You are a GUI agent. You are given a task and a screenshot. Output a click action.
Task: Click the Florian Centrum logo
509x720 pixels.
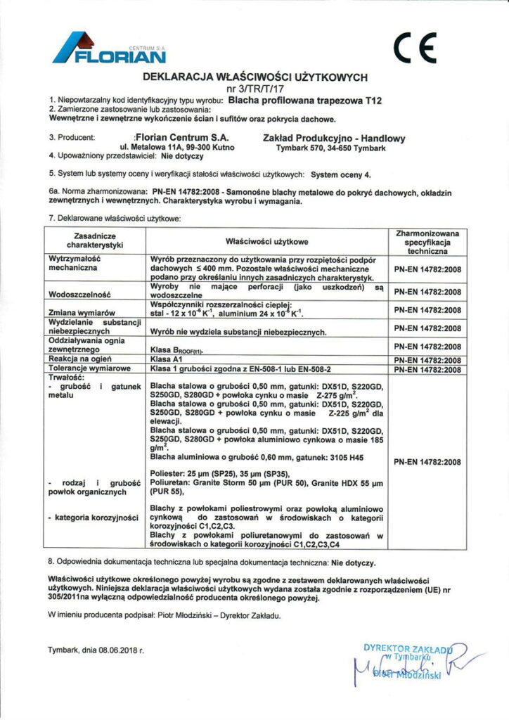(110, 49)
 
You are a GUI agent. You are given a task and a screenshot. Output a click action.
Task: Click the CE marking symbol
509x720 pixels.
(415, 48)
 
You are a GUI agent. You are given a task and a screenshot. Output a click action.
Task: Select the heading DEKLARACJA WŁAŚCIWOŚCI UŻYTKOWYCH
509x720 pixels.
(255, 77)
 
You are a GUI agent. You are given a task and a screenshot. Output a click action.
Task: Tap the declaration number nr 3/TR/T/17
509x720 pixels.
(255, 89)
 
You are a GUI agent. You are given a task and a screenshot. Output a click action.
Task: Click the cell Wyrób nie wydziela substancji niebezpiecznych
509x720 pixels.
(237, 330)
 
